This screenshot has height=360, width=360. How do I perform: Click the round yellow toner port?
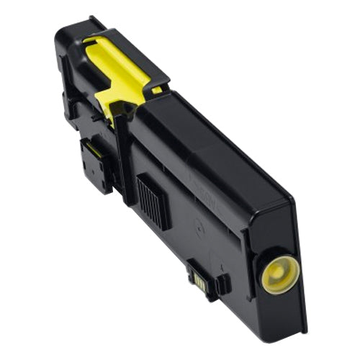tap(279, 274)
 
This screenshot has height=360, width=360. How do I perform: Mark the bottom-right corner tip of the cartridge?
tap(302, 332)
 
